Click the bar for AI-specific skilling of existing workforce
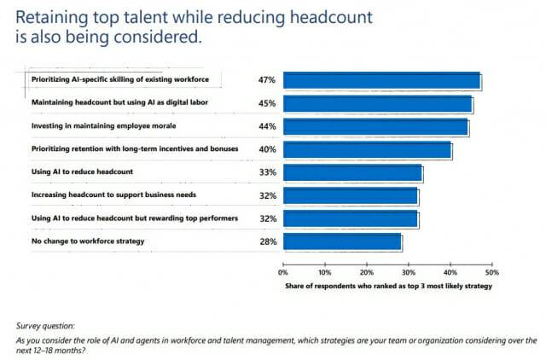click(381, 81)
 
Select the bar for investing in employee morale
click(375, 127)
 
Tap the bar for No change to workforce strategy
click(342, 242)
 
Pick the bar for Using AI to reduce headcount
click(352, 173)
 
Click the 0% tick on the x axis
click(283, 274)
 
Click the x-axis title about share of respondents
click(388, 287)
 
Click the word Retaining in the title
click(49, 16)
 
